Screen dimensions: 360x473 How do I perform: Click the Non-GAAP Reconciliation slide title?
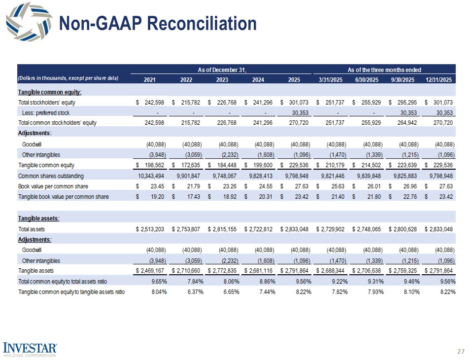point(158,23)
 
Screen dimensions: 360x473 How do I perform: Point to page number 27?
point(461,352)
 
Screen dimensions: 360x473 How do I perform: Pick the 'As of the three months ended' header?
point(384,70)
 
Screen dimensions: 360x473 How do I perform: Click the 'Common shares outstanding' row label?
point(51,176)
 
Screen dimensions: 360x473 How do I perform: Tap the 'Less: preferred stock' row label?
point(46,113)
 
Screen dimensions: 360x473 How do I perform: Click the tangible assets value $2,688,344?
point(333,271)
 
